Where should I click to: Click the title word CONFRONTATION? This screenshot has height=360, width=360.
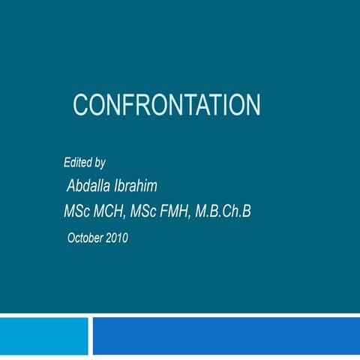166,104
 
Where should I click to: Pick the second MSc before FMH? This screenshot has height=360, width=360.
143,212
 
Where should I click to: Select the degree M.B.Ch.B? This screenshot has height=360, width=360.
223,212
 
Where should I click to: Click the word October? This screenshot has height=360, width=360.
85,238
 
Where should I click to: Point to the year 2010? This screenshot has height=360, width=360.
116,238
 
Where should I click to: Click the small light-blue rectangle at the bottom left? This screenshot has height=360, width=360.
43,336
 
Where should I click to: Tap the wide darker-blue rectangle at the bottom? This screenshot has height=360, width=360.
226,336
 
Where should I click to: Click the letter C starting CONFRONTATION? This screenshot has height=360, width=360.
79,104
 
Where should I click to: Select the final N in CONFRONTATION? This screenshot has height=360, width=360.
253,104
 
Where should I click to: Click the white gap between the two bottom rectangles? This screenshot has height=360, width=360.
91,336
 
